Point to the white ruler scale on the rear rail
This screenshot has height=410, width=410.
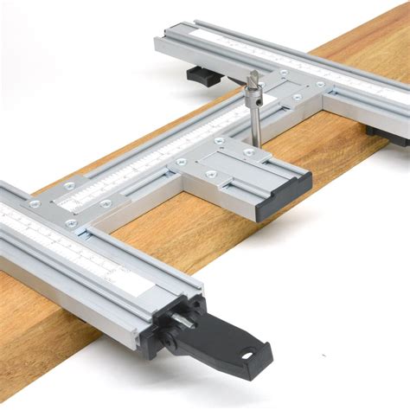click(x=294, y=61)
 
